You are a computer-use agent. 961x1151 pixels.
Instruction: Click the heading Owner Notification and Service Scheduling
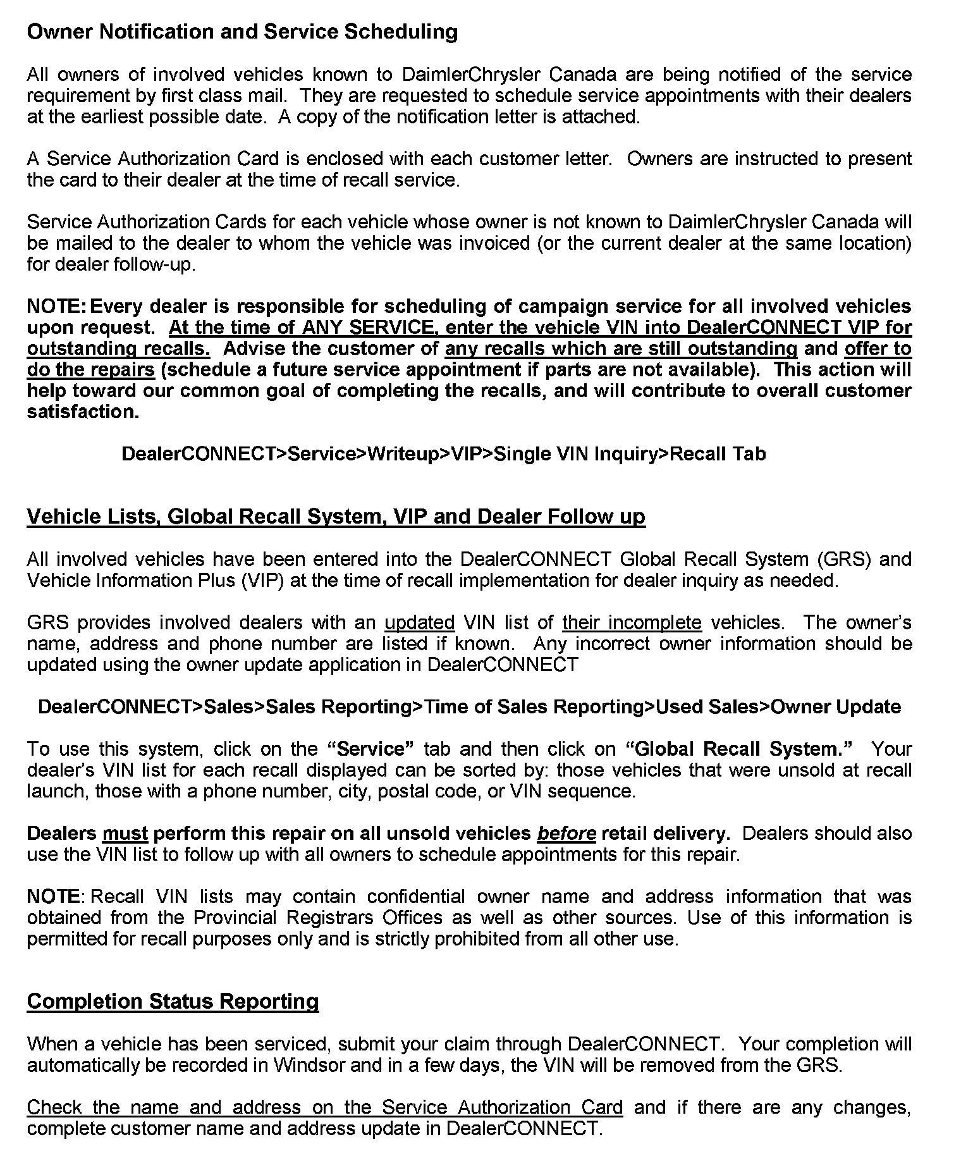coord(242,32)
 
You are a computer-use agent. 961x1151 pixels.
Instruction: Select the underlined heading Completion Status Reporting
coord(173,1001)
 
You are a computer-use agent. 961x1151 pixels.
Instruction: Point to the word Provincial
coord(235,918)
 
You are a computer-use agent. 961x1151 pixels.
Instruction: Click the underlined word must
coord(125,834)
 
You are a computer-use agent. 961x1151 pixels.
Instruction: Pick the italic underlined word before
coord(566,834)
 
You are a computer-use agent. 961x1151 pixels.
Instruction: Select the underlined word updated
coord(420,623)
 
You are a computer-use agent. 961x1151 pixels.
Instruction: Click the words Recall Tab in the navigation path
coord(718,454)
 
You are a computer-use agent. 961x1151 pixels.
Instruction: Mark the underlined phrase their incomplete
coord(632,623)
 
